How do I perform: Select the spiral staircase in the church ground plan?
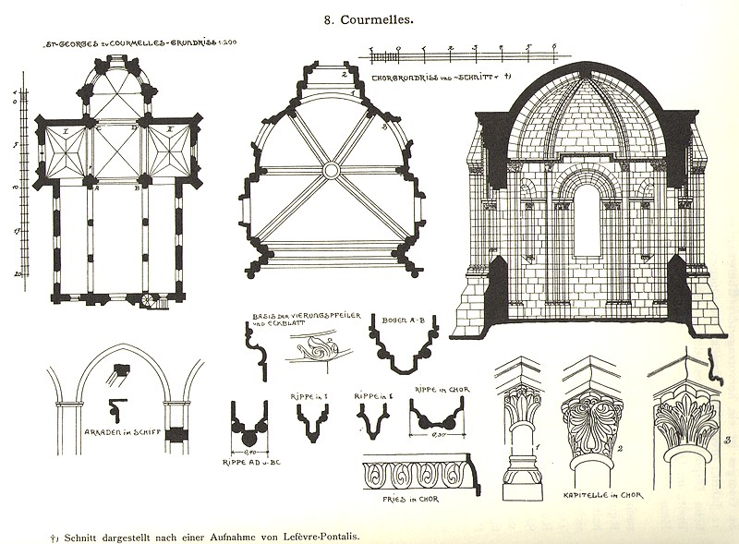coord(151,300)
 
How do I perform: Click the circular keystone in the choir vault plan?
coord(330,170)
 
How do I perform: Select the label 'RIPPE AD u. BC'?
coord(249,460)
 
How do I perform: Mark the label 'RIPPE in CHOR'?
coord(442,391)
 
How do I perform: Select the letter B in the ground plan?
coord(137,186)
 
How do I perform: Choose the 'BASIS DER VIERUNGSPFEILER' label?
coord(287,320)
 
